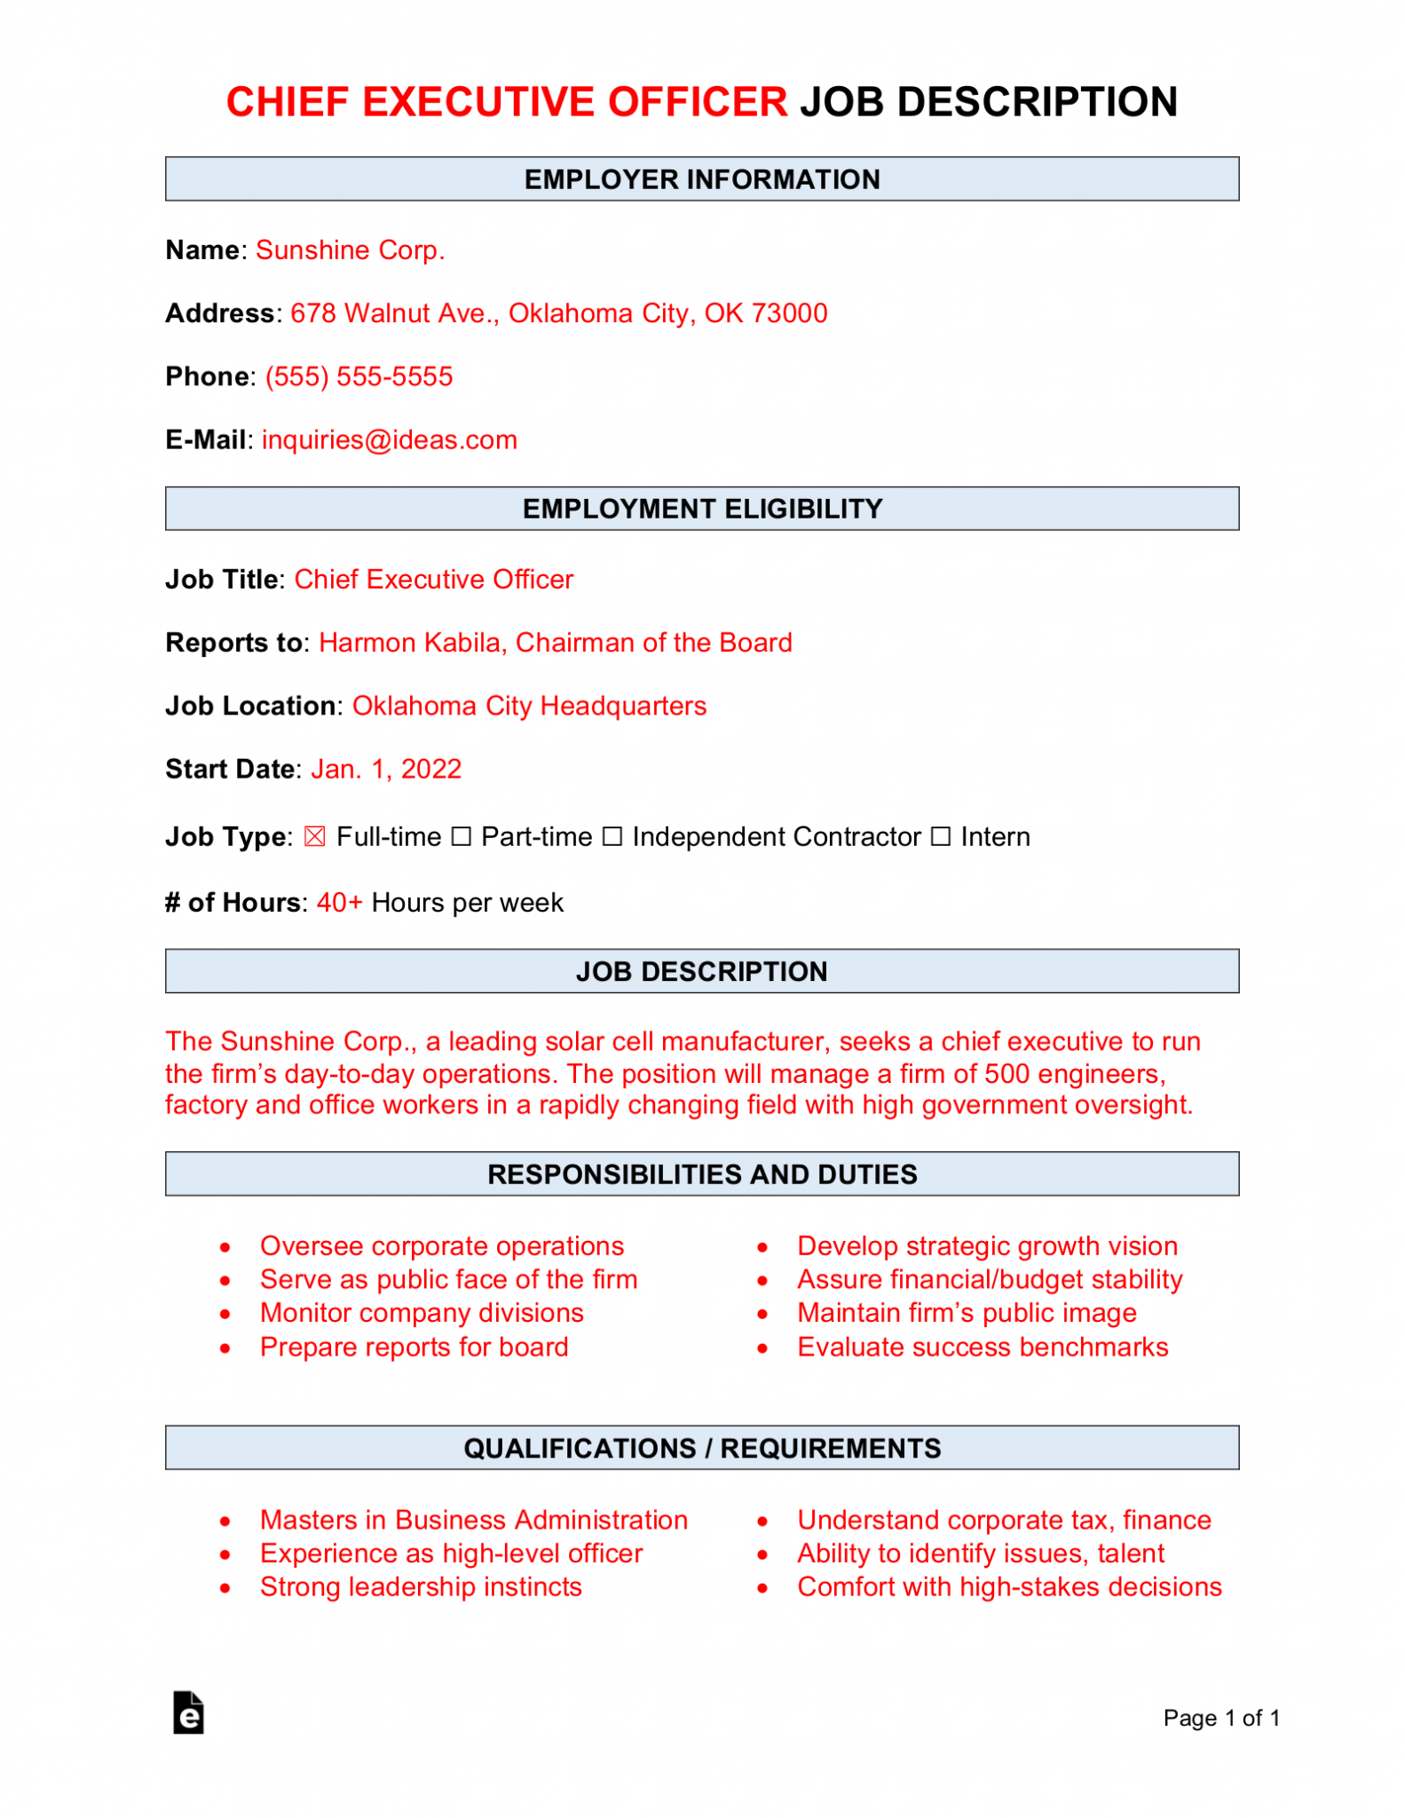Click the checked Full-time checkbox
coord(314,837)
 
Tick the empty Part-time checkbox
coord(461,837)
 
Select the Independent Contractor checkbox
coord(612,837)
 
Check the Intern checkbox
coord(941,837)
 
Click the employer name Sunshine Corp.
coord(350,250)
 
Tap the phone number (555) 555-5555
coord(359,376)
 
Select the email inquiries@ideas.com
coord(389,440)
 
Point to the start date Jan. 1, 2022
coord(386,769)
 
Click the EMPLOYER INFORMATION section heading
coord(701,179)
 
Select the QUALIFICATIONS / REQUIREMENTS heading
coord(701,1448)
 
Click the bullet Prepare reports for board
coord(414,1348)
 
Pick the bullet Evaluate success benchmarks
coord(982,1348)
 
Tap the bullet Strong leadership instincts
coord(421,1587)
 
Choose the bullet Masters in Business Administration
coord(473,1520)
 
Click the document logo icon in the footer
coord(188,1712)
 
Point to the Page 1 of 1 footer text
coord(1220,1719)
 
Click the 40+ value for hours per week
coord(339,903)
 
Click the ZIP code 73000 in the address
coord(789,313)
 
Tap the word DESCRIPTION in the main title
coord(1037,102)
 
